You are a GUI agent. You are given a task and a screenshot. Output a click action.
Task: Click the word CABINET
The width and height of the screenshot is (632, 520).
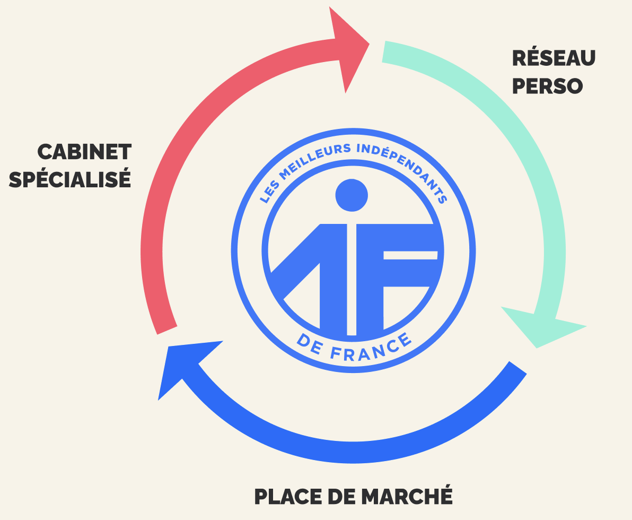[x=84, y=152]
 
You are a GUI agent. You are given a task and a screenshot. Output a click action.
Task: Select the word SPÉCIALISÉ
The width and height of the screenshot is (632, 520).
[x=70, y=180]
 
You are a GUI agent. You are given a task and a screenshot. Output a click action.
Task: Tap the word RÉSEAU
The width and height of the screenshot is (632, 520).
[x=554, y=58]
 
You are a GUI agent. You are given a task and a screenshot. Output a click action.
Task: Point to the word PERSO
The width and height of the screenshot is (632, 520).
[x=547, y=86]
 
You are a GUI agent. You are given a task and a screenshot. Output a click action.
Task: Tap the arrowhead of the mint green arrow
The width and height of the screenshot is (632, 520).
[x=541, y=326]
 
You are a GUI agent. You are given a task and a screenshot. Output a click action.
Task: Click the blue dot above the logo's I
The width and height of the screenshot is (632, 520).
[x=352, y=194]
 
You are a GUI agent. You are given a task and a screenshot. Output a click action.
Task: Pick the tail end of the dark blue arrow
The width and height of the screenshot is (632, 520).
[x=517, y=368]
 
